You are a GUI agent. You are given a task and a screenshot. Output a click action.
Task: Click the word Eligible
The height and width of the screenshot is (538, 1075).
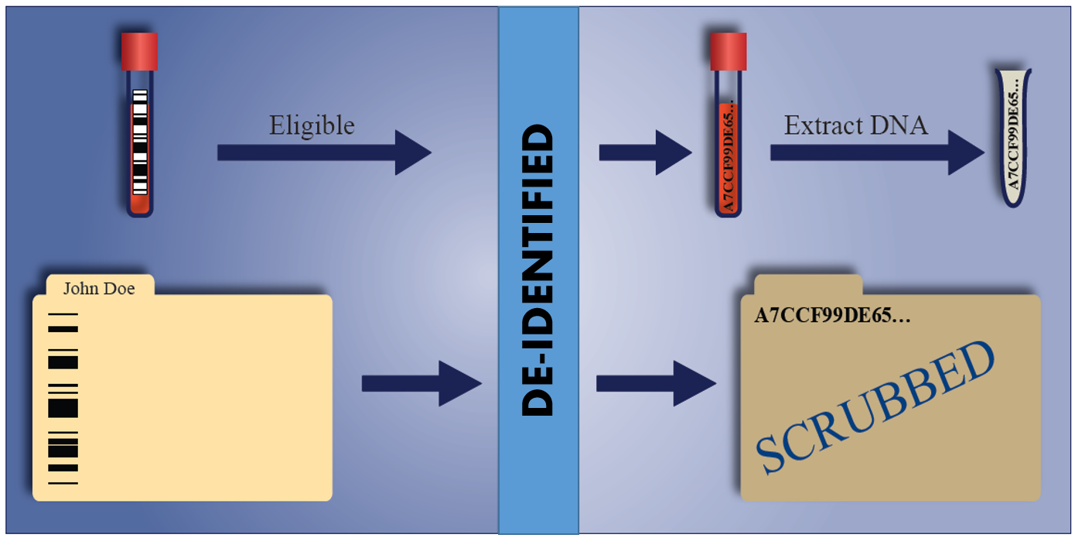(x=312, y=125)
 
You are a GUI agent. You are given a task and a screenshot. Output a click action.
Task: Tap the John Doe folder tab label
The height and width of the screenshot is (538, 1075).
(x=99, y=289)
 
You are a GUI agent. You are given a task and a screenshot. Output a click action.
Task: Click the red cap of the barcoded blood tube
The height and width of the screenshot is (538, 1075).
(x=139, y=51)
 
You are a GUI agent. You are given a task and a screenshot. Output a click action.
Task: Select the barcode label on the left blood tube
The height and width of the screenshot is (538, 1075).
(x=139, y=142)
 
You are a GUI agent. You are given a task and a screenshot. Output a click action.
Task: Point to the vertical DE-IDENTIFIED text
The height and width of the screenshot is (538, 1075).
(x=538, y=271)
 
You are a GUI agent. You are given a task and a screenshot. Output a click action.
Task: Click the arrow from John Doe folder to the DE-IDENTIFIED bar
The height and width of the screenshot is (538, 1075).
(x=421, y=382)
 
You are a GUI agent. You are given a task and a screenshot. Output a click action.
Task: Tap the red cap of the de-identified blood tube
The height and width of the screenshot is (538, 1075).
(x=729, y=51)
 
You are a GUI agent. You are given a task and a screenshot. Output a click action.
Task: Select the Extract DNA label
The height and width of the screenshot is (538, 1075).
(x=855, y=125)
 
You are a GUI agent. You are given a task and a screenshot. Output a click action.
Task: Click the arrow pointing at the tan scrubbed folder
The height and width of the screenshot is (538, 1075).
(x=656, y=382)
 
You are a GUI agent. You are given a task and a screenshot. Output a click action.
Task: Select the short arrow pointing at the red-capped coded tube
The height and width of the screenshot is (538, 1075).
(x=644, y=152)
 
